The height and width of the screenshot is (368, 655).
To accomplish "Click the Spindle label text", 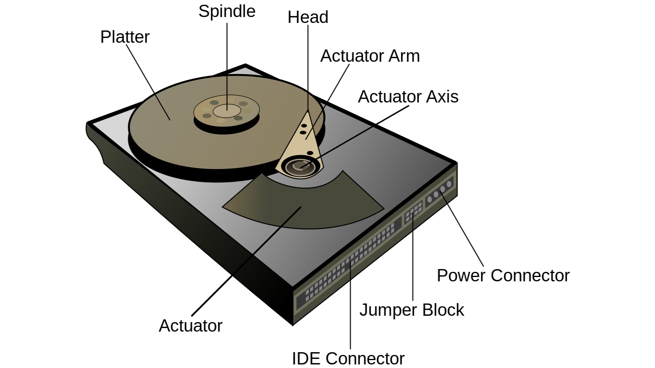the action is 227,12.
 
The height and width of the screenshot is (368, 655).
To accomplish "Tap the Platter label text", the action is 125,37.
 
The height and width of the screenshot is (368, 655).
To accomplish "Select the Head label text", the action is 308,17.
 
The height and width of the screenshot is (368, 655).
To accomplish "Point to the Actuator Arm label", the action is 370,56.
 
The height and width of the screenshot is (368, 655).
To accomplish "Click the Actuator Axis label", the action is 408,97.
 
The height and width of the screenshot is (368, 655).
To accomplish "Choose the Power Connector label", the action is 503,276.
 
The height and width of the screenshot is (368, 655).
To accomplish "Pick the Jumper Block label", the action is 412,310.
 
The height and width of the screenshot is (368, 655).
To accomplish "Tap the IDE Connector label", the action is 348,359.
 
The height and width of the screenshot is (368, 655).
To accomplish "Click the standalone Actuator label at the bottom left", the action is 190,326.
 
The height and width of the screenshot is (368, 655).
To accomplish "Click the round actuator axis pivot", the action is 300,167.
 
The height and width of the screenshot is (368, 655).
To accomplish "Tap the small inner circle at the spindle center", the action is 227,111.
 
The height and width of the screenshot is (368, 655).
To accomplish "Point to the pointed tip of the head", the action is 308,110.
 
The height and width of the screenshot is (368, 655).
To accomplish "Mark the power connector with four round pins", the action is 439,192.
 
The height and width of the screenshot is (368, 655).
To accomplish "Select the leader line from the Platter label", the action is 148,82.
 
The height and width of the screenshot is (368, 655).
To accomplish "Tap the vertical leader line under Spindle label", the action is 227,66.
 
